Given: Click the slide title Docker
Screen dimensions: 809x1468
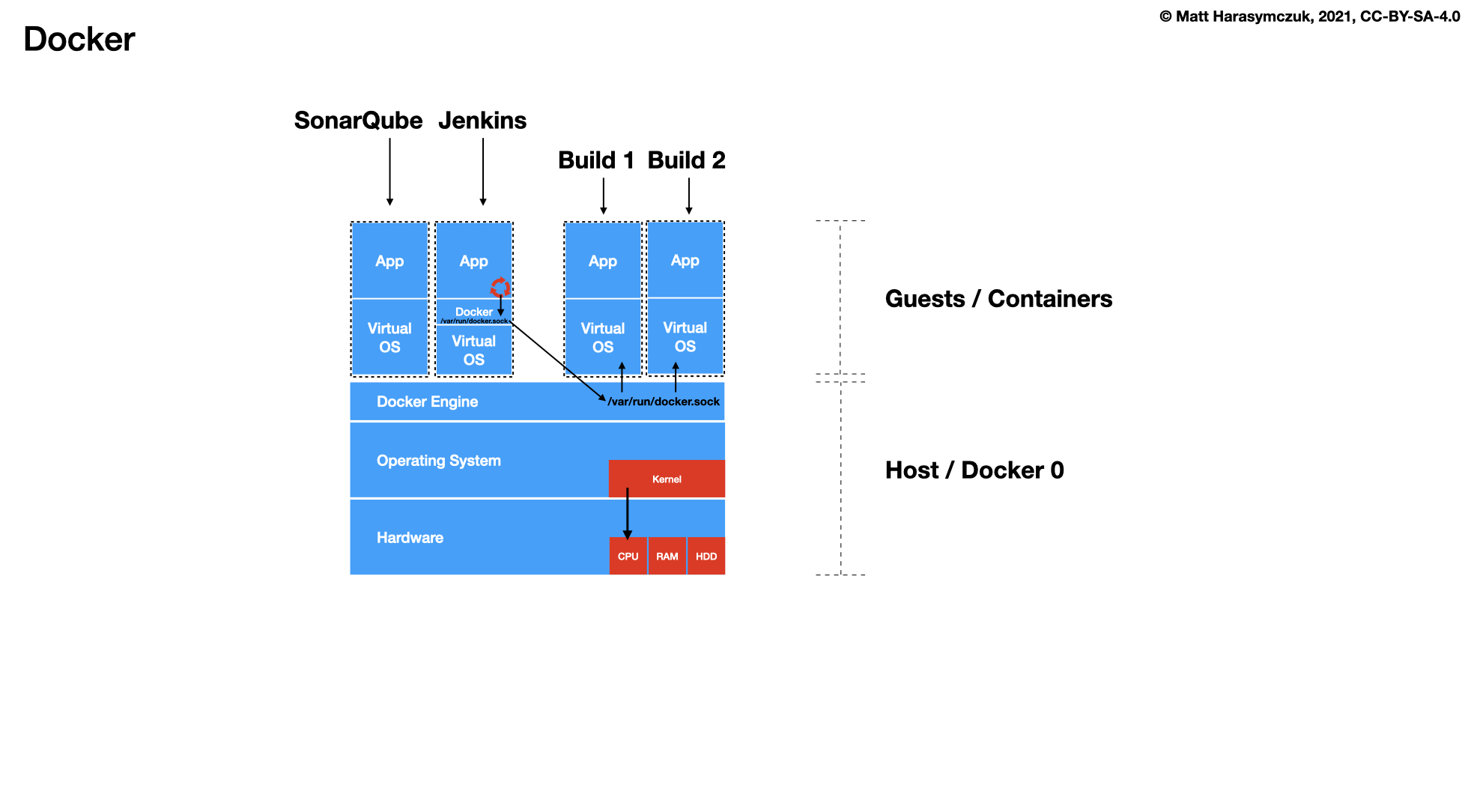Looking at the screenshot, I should point(79,39).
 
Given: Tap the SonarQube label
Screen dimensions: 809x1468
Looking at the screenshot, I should point(358,120).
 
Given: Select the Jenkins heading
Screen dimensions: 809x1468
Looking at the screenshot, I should point(482,120).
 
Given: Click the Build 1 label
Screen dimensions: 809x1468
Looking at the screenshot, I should point(596,160).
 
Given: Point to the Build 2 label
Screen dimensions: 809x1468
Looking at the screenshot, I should point(686,160).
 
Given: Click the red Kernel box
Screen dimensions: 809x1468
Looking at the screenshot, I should point(667,479).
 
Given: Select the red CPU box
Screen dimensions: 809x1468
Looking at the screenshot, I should point(628,557).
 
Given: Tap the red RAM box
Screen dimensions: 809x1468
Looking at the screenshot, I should point(667,557).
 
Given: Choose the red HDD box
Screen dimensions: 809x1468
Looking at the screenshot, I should point(706,557).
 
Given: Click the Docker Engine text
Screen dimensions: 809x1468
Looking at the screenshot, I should point(427,402).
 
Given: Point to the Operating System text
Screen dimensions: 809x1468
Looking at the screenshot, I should point(438,461).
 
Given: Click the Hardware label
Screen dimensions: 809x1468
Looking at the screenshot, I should point(410,538).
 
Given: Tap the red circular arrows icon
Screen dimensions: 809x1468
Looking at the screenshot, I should point(500,287).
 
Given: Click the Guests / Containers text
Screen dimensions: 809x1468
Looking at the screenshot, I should point(998,299).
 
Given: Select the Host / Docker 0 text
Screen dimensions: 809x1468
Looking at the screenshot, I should point(974,470).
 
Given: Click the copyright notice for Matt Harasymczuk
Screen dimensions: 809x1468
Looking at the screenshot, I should point(1309,16).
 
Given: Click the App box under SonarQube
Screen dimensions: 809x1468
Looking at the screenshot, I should point(389,261).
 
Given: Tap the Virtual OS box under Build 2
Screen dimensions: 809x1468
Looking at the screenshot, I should point(685,336).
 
